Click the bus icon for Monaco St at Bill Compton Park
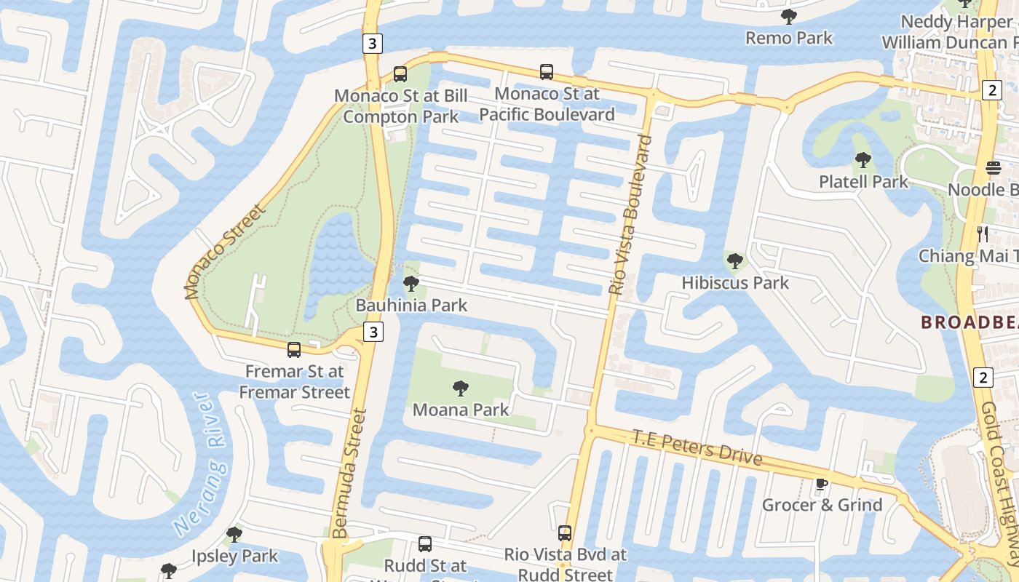coord(400,73)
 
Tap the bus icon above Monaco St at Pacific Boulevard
coord(547,71)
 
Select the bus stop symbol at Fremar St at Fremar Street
coord(294,350)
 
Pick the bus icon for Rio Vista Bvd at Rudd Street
coord(565,533)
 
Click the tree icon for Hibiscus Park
coord(735,260)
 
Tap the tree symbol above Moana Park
coord(460,388)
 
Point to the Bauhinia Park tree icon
coord(411,284)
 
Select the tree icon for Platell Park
coord(863,160)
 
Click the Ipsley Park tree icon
coord(234,535)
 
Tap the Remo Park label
coord(789,37)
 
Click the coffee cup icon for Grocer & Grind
coord(821,484)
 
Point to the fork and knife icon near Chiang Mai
coord(983,234)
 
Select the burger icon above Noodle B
coord(994,168)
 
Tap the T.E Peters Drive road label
coord(697,447)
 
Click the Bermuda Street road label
coord(351,473)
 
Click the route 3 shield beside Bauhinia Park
coord(373,332)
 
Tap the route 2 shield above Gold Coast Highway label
coord(983,378)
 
